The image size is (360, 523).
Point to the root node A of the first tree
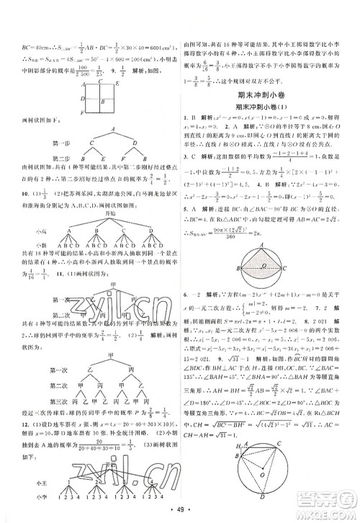click(x=113, y=130)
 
